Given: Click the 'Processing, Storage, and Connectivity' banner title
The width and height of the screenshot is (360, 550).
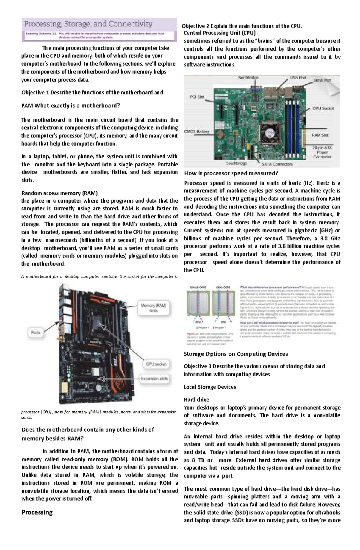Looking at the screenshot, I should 88,24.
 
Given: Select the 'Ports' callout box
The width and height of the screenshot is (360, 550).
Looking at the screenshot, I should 36,332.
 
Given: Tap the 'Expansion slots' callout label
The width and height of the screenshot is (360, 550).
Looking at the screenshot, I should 154,379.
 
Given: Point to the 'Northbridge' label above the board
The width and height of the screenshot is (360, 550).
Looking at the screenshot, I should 248,78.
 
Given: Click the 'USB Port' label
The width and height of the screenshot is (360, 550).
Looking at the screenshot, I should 298,78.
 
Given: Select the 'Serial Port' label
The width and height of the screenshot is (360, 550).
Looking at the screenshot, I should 322,80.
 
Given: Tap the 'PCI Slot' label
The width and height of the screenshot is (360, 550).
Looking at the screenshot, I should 197,97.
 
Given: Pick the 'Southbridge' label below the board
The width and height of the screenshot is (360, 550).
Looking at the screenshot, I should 236,163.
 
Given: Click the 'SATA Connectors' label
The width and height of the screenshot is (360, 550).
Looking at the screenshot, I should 277,164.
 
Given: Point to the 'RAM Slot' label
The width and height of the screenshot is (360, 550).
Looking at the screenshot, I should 320,135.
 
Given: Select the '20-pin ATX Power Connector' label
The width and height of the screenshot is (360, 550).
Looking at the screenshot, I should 322,152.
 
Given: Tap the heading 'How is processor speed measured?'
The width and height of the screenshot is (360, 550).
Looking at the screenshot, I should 231,173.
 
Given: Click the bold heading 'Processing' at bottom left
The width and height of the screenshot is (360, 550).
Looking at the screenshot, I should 37,512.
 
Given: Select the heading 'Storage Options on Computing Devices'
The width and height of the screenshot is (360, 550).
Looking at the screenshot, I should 235,354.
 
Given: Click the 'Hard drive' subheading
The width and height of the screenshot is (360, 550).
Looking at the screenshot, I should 196,400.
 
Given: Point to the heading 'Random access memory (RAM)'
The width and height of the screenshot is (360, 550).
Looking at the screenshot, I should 59,193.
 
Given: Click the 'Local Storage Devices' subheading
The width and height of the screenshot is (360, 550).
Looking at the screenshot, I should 210,387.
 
